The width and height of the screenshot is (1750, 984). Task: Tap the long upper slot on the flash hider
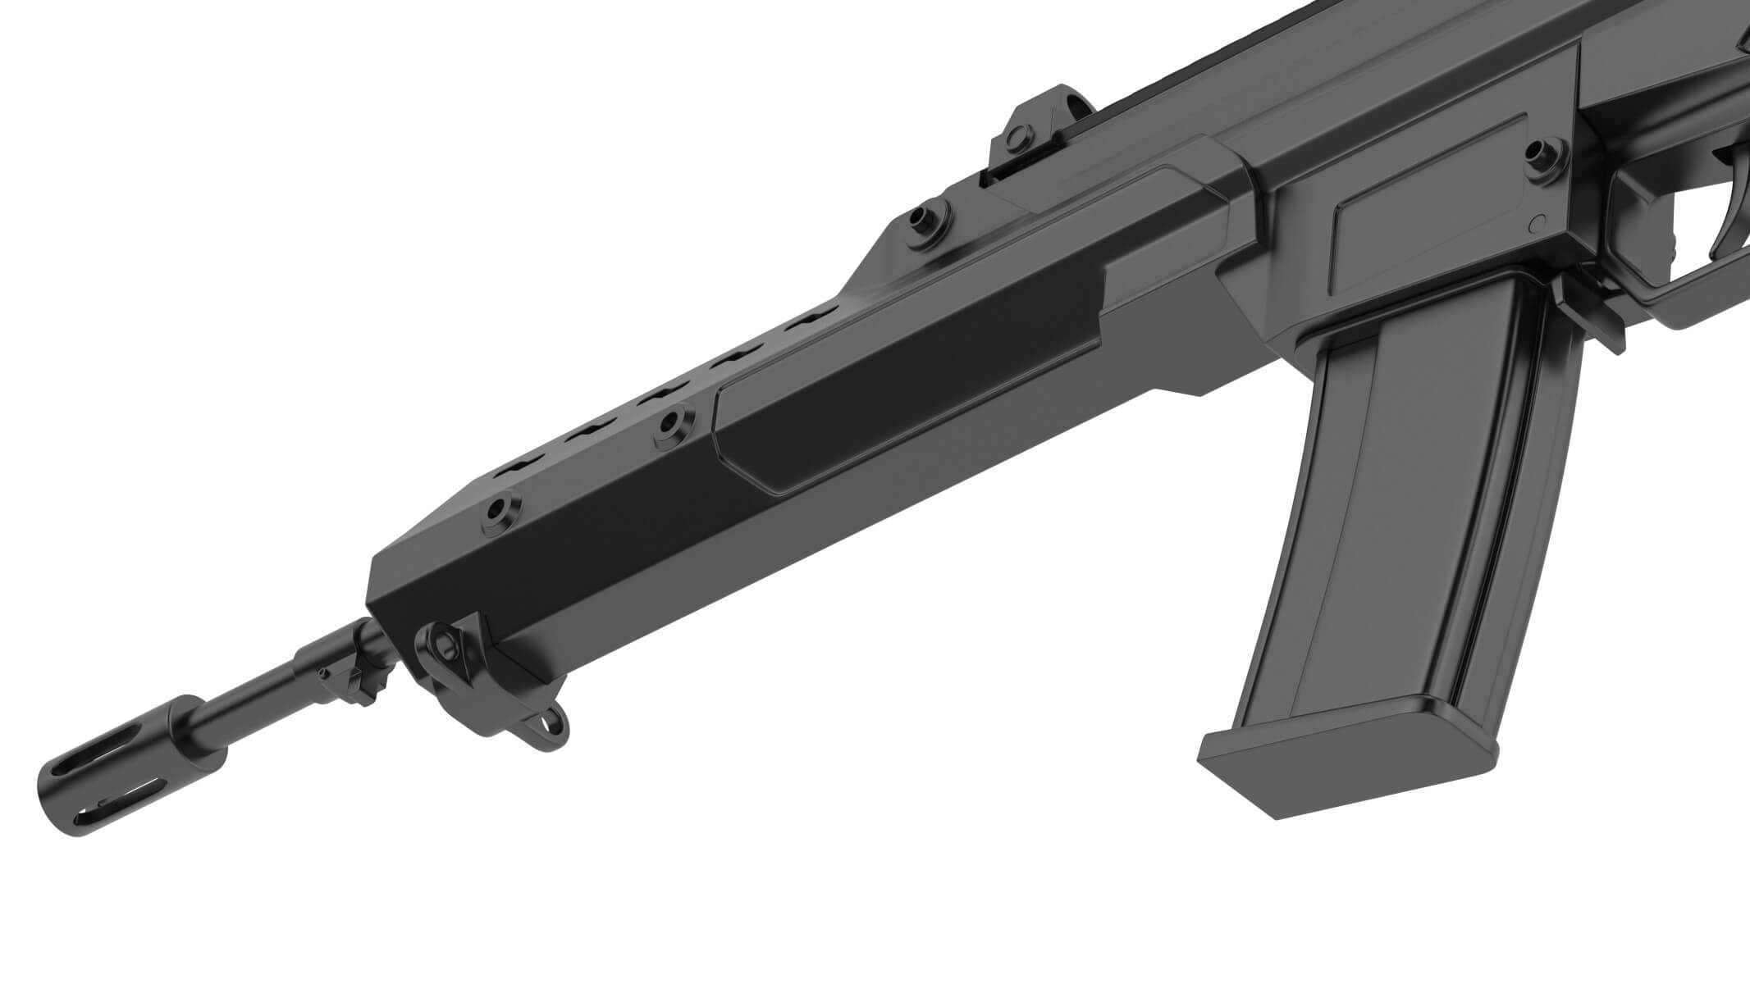pos(123,754)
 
